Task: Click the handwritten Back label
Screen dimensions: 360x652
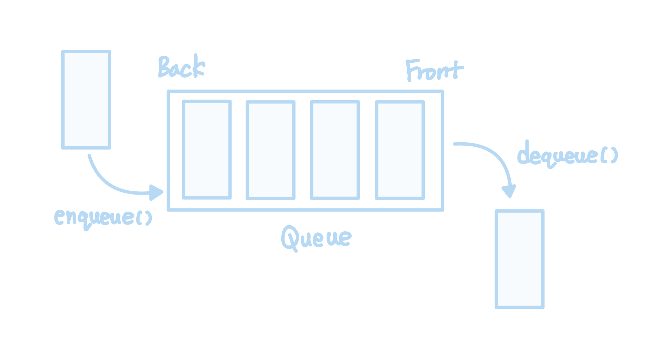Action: pos(181,67)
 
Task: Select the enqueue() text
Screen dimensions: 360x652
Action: pos(103,217)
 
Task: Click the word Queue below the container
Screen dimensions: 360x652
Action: pos(316,238)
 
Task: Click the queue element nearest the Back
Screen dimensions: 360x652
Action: pos(207,150)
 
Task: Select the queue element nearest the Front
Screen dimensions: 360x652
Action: pos(400,150)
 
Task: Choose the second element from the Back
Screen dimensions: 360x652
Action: pos(270,150)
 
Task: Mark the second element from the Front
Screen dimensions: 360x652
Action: pos(335,150)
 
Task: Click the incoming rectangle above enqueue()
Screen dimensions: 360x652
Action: pos(86,99)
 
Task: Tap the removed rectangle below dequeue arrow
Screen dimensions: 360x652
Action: pos(519,259)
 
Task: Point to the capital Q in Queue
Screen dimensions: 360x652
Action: pos(290,238)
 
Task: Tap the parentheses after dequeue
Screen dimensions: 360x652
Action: pos(609,156)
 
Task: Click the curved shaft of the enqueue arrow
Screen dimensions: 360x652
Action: pos(108,184)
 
